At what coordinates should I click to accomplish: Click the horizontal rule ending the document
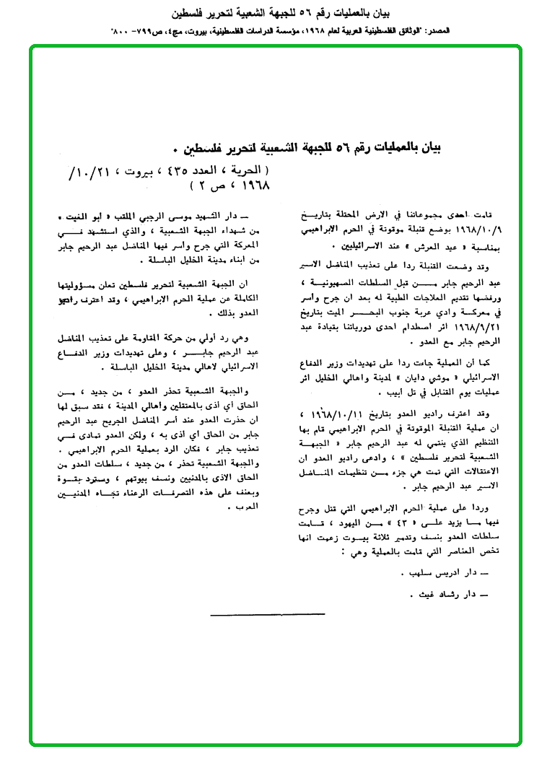point(267,615)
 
